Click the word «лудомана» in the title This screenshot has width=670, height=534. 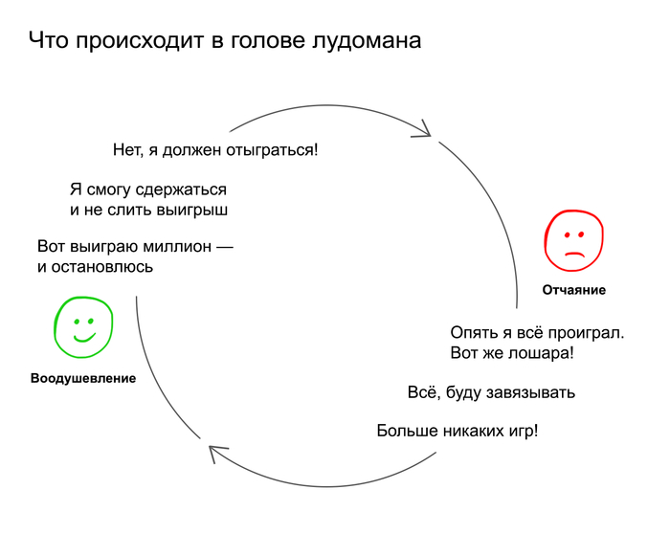(367, 41)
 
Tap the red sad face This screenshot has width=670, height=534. (574, 240)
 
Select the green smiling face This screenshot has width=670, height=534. (83, 326)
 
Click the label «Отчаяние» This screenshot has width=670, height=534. (574, 290)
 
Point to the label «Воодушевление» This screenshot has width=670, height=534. (83, 378)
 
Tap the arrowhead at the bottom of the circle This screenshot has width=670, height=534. (217, 454)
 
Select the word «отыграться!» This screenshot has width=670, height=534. (272, 150)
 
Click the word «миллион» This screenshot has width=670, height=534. (177, 247)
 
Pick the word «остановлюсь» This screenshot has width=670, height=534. (101, 267)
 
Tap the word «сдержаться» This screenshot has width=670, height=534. (181, 189)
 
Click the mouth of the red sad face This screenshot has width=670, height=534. (574, 255)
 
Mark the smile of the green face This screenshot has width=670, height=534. (84, 338)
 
